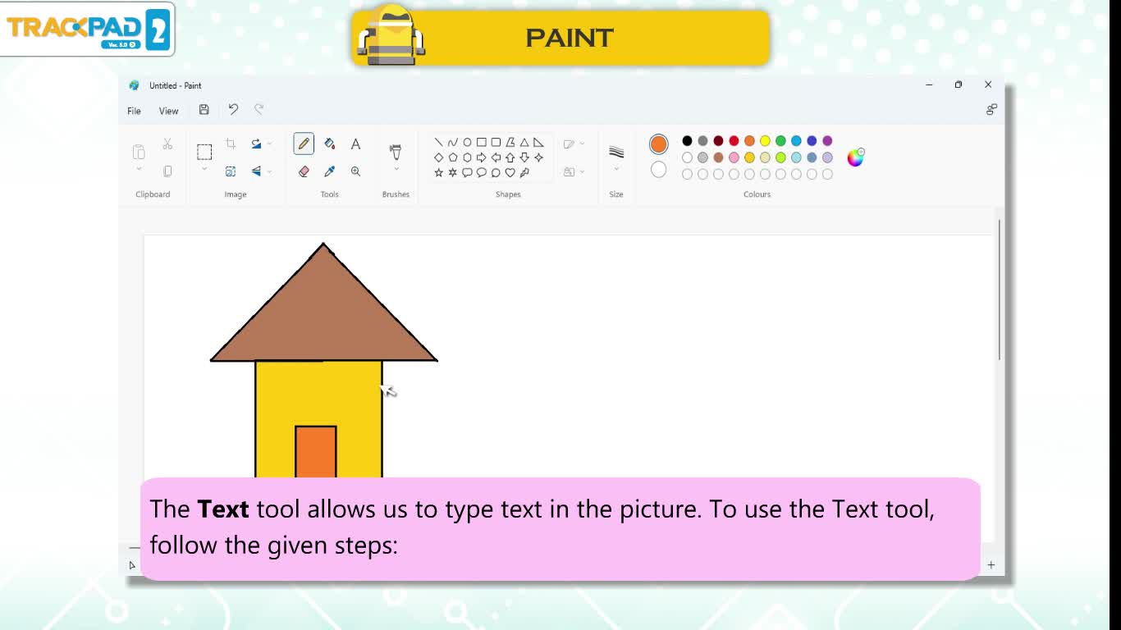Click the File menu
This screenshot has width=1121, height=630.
coord(134,111)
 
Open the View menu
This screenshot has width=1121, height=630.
coord(169,111)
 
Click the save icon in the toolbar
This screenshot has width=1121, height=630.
coord(204,110)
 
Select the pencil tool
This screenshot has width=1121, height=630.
coord(304,144)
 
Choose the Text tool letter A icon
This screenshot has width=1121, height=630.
coord(355,144)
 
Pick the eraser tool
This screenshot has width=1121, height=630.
coord(304,171)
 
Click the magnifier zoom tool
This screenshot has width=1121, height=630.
coord(355,171)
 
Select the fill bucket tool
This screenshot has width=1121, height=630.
coord(329,144)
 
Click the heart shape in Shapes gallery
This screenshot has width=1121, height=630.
coord(510,172)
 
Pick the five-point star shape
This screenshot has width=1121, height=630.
coord(438,172)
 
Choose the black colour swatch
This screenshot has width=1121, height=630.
coord(687,141)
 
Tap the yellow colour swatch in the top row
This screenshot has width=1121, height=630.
coord(765,141)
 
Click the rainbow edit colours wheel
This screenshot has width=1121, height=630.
coord(855,157)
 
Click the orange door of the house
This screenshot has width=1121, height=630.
coord(316,452)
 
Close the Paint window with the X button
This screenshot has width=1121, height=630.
coord(988,84)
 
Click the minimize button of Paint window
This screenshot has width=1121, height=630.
coord(929,85)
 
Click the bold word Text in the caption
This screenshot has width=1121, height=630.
coord(223,509)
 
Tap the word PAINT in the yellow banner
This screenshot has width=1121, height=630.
coord(569,38)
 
